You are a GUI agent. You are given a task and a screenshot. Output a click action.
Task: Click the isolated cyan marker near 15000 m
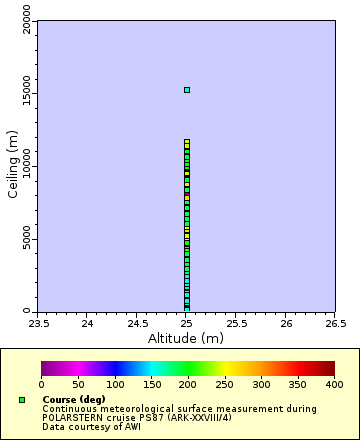(186, 90)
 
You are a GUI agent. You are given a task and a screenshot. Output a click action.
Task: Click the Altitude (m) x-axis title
(186, 338)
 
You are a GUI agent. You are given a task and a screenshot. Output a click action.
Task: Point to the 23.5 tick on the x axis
(38, 323)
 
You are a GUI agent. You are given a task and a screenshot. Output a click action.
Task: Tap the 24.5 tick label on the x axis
(137, 323)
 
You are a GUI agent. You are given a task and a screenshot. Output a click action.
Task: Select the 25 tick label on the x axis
(186, 323)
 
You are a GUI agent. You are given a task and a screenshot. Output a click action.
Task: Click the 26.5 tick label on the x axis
(335, 323)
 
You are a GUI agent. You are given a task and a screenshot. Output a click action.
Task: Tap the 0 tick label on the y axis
(28, 310)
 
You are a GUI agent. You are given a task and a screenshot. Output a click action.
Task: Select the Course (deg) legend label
(73, 400)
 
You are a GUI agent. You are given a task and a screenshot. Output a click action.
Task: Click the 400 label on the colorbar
(335, 384)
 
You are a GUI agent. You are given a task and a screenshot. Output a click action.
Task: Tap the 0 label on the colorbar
(41, 384)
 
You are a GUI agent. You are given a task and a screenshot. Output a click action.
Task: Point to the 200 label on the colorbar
(188, 384)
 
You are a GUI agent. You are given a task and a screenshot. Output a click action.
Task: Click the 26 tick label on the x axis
(286, 323)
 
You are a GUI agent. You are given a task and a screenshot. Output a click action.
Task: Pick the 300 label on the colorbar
(261, 384)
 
